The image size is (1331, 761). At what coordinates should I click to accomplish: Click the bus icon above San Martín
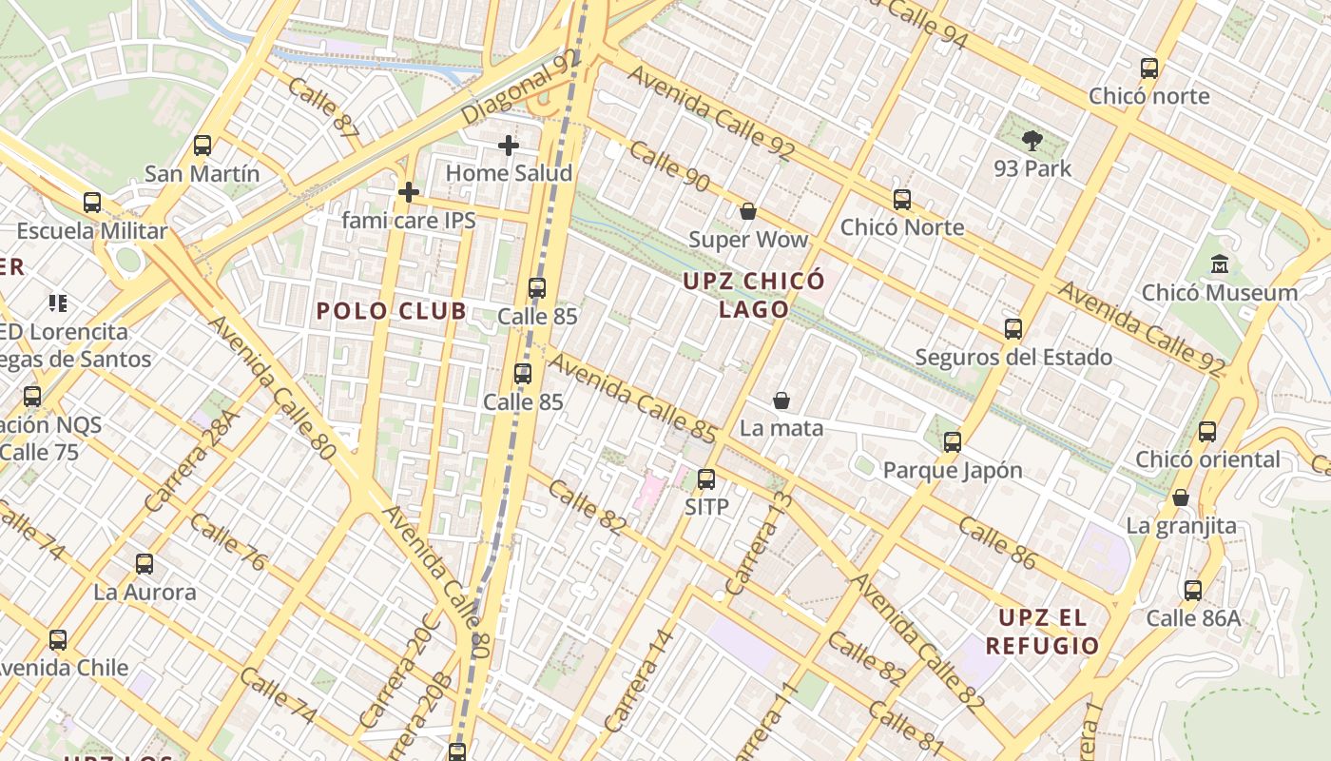click(x=203, y=146)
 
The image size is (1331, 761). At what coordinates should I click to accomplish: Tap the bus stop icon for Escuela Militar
click(x=92, y=203)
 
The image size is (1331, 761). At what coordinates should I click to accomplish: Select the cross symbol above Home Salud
click(x=509, y=146)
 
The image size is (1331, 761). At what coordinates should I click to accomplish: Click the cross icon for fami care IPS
click(x=409, y=192)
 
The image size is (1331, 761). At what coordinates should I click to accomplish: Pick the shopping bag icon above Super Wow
click(x=748, y=211)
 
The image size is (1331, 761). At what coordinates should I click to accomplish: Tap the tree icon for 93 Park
click(x=1032, y=142)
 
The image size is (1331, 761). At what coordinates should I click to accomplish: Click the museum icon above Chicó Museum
click(x=1220, y=264)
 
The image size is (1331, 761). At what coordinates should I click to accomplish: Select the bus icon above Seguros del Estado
click(x=1013, y=329)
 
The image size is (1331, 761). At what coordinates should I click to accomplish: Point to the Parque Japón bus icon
click(x=953, y=442)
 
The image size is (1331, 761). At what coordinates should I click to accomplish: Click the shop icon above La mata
click(x=781, y=400)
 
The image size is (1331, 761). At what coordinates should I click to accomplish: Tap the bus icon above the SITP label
click(x=706, y=479)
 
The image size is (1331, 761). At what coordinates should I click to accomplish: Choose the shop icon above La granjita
click(x=1181, y=498)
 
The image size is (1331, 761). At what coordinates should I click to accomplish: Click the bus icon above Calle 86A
click(x=1193, y=591)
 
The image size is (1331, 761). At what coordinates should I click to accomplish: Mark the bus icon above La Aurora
click(x=145, y=564)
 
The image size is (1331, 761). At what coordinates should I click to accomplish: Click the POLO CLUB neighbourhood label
click(x=392, y=311)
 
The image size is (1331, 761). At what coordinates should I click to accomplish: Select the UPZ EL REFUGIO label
click(x=1042, y=632)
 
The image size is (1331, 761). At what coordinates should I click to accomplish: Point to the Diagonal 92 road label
click(x=520, y=87)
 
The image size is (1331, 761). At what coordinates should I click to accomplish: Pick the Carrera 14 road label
click(x=639, y=682)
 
